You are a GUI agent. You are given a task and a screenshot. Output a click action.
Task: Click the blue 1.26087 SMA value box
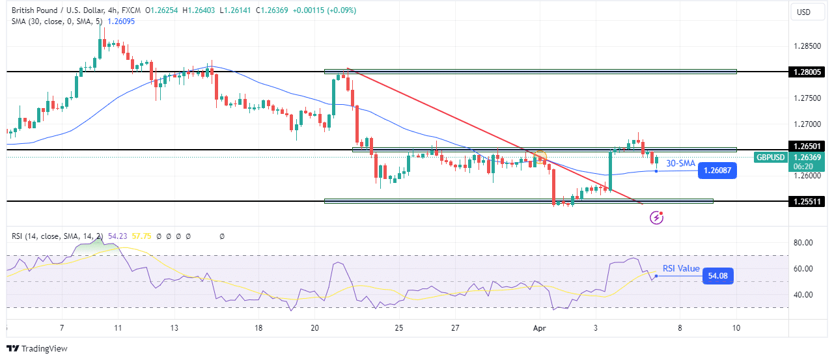(x=717, y=171)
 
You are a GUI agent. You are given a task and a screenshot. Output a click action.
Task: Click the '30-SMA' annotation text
(x=680, y=163)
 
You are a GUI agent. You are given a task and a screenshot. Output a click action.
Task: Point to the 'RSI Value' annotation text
(x=681, y=269)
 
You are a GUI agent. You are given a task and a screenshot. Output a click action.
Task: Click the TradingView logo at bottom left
(x=37, y=349)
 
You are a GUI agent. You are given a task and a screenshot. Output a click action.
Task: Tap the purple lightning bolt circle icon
(x=656, y=217)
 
